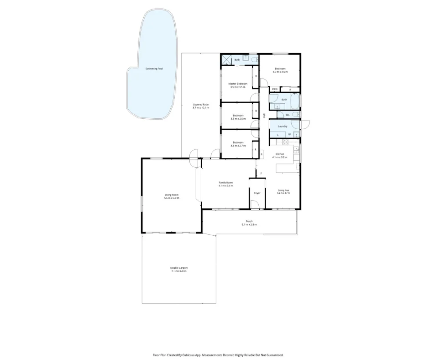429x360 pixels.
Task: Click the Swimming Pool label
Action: tap(154, 69)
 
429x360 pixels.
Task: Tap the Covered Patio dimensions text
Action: tap(200, 108)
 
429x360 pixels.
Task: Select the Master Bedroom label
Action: tap(238, 84)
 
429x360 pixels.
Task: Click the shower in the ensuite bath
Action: tap(226, 60)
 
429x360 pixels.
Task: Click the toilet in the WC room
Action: tap(295, 114)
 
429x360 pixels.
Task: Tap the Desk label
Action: tap(275, 89)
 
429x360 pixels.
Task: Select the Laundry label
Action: tap(283, 126)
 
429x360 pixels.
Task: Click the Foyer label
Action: tap(257, 193)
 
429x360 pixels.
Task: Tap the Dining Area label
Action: tap(283, 190)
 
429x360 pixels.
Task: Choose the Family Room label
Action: tap(225, 183)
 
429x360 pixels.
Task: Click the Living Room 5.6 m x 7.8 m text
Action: tap(172, 198)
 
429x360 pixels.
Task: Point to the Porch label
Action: tap(249, 221)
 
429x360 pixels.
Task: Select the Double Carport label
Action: tap(179, 268)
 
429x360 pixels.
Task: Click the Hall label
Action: tap(264, 116)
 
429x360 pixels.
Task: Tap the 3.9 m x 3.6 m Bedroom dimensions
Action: tap(280, 72)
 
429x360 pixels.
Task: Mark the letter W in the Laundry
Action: tap(289, 134)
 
